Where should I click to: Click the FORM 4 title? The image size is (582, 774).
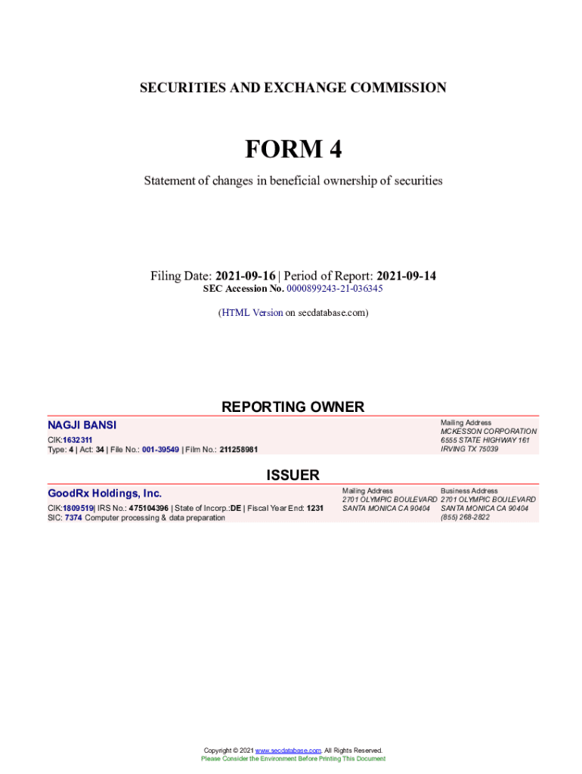pyautogui.click(x=293, y=150)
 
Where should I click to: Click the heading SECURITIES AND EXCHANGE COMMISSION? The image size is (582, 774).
pyautogui.click(x=293, y=88)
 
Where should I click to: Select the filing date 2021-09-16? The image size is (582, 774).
pyautogui.click(x=246, y=276)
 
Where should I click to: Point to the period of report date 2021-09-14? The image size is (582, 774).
pyautogui.click(x=406, y=276)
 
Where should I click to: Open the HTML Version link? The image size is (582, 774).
pyautogui.click(x=252, y=312)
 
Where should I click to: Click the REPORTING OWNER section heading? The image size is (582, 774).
pyautogui.click(x=293, y=407)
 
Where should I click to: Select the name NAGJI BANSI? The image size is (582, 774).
pyautogui.click(x=82, y=426)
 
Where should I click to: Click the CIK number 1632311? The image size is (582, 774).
pyautogui.click(x=78, y=440)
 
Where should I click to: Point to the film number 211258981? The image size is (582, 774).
pyautogui.click(x=239, y=450)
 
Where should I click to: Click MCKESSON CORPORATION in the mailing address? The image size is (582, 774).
pyautogui.click(x=488, y=432)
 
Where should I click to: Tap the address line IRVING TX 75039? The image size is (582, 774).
pyautogui.click(x=469, y=449)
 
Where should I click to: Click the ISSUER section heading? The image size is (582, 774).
pyautogui.click(x=293, y=475)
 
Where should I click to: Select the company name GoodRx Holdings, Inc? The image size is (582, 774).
pyautogui.click(x=105, y=494)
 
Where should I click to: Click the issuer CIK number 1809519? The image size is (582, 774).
pyautogui.click(x=78, y=508)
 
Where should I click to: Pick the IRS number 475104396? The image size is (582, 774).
pyautogui.click(x=149, y=508)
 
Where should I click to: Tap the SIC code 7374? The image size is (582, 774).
pyautogui.click(x=73, y=518)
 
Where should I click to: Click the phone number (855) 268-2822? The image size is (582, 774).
pyautogui.click(x=465, y=518)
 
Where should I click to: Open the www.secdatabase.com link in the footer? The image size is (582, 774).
pyautogui.click(x=288, y=751)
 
